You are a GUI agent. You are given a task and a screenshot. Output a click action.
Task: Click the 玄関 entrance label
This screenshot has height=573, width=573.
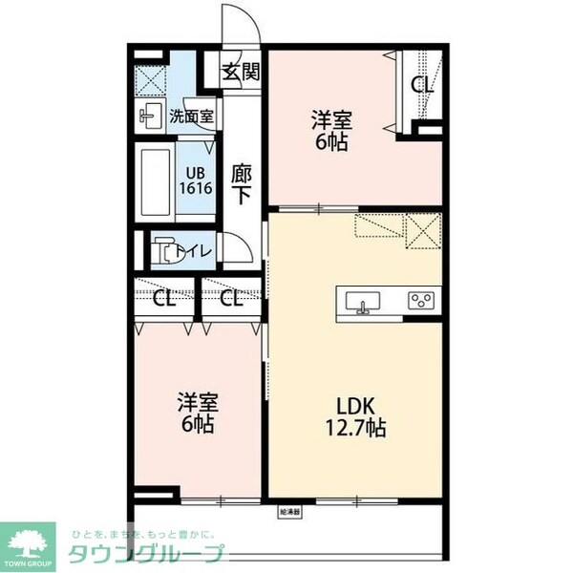click(x=242, y=72)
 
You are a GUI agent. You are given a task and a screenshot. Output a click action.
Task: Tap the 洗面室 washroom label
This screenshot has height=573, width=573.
click(x=191, y=117)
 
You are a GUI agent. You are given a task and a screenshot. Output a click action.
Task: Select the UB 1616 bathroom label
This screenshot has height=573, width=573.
click(x=199, y=180)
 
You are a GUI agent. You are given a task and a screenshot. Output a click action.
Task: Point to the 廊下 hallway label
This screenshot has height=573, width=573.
click(x=242, y=182)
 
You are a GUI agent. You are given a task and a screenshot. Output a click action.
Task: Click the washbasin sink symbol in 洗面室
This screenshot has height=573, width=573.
click(x=150, y=117)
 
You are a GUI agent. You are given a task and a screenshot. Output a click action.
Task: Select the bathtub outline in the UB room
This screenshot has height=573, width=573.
click(x=155, y=180)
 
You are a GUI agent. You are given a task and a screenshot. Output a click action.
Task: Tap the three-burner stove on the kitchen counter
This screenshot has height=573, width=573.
click(x=420, y=302)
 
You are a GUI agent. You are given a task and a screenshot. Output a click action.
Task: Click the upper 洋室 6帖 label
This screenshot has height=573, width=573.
click(x=331, y=131)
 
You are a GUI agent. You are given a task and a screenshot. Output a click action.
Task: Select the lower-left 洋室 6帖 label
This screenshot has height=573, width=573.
click(x=196, y=412)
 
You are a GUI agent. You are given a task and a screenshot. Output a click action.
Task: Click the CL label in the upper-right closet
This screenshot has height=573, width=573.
click(x=422, y=84)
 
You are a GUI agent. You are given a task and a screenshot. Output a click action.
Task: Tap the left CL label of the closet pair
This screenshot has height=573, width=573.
click(x=164, y=298)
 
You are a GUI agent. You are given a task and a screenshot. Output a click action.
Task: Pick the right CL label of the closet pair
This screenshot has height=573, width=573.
click(x=231, y=298)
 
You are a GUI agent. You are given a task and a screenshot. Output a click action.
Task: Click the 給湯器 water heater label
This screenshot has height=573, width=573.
click(x=289, y=512)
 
